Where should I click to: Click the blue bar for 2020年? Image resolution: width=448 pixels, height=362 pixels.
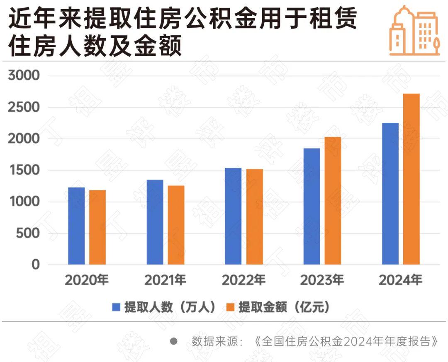click(76, 226)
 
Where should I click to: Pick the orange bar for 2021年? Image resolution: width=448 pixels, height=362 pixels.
click(176, 225)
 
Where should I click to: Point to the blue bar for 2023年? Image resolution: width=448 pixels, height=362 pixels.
click(312, 206)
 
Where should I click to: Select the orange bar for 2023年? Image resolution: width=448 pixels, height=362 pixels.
click(333, 201)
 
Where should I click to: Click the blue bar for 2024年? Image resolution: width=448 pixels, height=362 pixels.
click(390, 193)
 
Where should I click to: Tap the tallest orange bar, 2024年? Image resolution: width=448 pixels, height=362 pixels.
click(411, 179)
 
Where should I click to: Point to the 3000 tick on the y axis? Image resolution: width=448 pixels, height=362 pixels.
click(24, 76)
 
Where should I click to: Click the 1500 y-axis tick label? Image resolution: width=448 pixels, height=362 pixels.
click(24, 170)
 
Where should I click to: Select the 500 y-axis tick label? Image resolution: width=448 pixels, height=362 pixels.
click(29, 233)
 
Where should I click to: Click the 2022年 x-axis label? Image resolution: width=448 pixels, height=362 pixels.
click(243, 281)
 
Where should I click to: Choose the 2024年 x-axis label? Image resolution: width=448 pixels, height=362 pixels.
click(400, 281)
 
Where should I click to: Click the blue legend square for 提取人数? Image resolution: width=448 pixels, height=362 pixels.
click(117, 307)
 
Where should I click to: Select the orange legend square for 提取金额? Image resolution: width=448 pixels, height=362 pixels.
click(231, 307)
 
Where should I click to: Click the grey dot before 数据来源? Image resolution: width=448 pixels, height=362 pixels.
click(174, 341)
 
